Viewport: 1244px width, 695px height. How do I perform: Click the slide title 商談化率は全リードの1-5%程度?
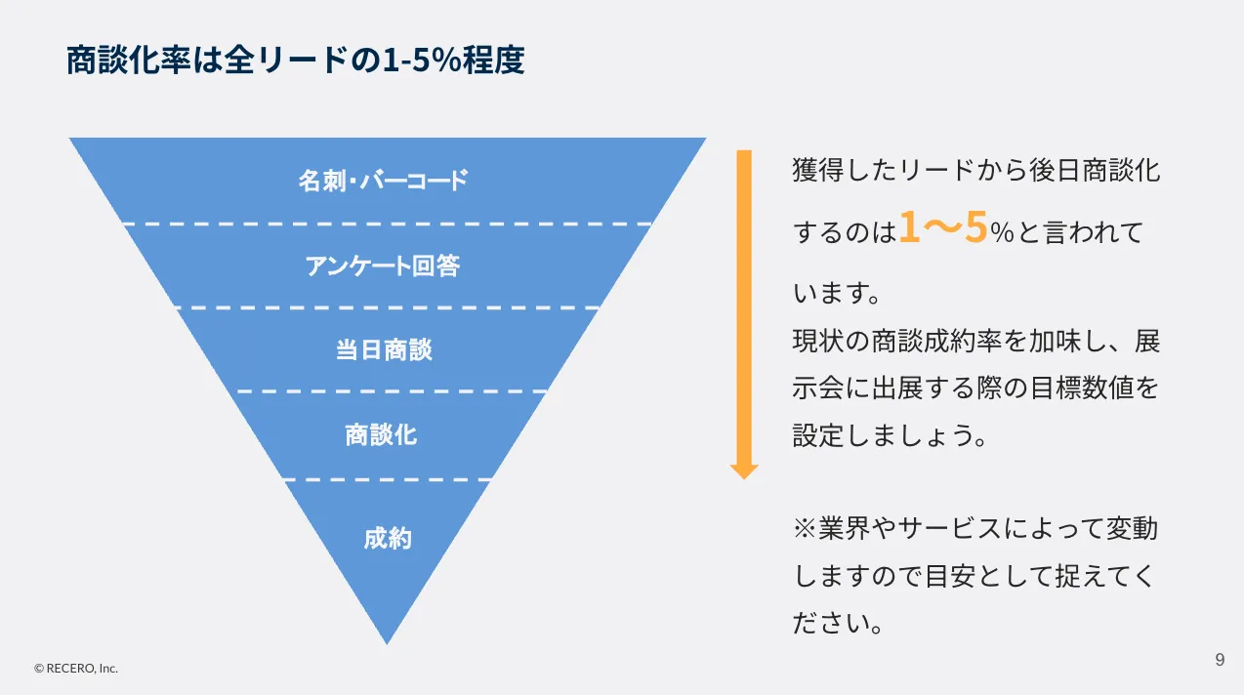pos(296,60)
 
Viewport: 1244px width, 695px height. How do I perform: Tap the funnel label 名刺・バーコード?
pos(383,181)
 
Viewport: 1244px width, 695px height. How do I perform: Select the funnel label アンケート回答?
pos(383,266)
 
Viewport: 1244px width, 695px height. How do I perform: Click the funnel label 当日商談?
pos(384,349)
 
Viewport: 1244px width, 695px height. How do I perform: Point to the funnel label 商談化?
pos(381,434)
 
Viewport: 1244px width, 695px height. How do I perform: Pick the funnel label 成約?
pos(388,539)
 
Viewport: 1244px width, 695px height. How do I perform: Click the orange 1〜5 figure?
pos(943,227)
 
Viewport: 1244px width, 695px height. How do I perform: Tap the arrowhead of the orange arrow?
pos(744,471)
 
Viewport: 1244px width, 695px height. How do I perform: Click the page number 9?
pos(1221,660)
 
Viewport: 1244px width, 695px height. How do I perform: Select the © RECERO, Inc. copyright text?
pos(76,669)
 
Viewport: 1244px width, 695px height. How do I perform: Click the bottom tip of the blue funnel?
pos(387,644)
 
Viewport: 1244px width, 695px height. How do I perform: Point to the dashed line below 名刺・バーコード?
pos(387,225)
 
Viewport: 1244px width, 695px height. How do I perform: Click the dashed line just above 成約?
pos(387,479)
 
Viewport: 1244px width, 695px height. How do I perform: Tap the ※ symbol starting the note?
pos(805,528)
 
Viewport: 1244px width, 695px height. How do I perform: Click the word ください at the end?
pos(830,623)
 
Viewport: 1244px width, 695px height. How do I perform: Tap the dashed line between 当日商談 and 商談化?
pos(392,391)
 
